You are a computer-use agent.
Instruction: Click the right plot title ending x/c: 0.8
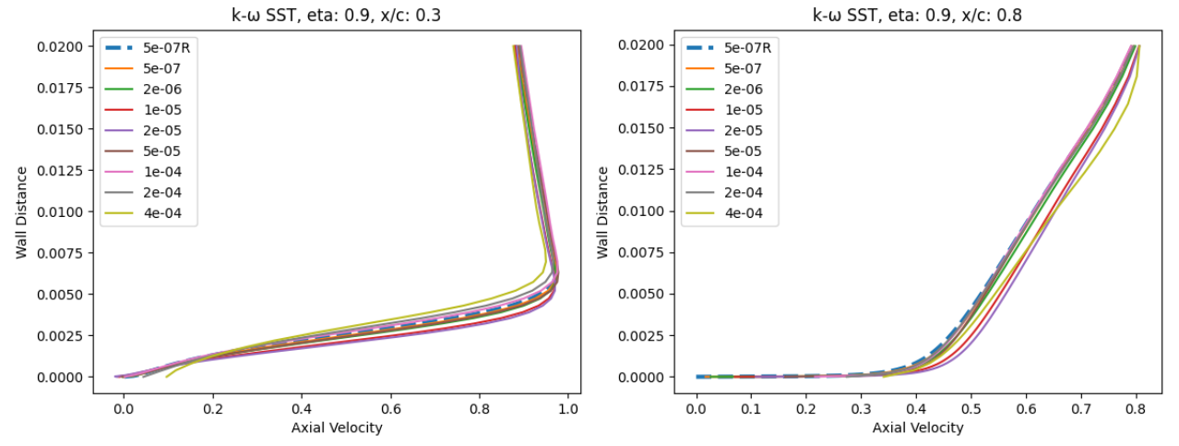coord(919,15)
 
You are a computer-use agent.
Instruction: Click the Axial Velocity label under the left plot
coord(337,428)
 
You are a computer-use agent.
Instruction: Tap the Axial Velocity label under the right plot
coord(918,428)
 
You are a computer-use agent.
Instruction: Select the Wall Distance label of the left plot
coord(21,211)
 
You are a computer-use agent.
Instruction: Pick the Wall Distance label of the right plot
coord(602,211)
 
